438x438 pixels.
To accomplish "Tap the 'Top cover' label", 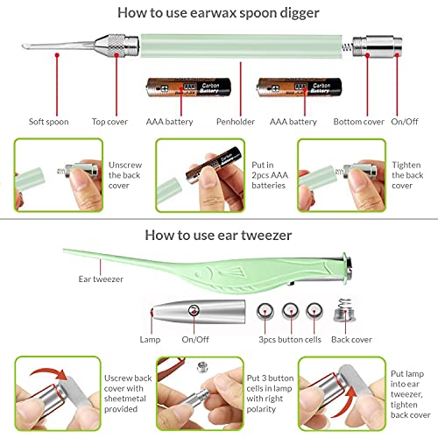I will click(x=109, y=122).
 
